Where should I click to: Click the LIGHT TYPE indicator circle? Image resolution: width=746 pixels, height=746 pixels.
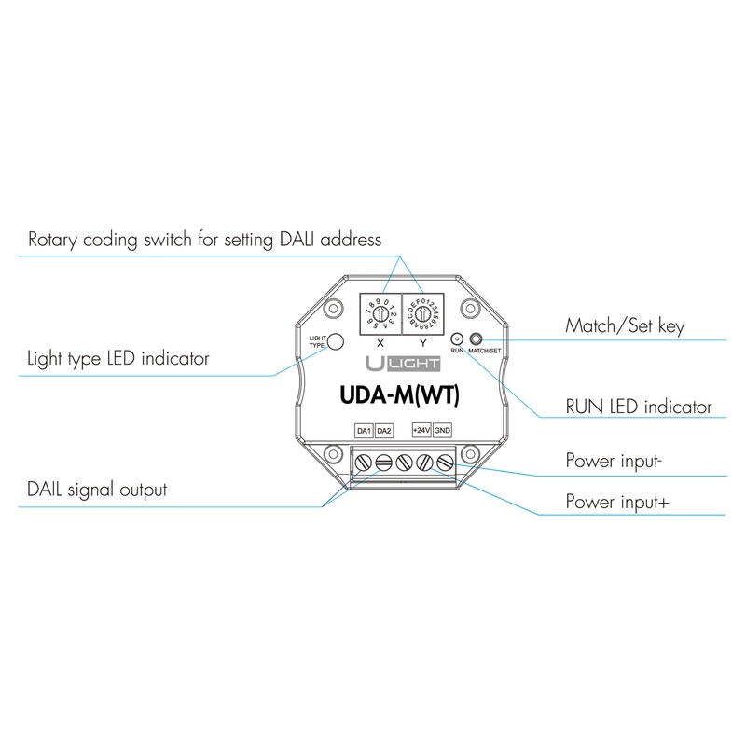(337, 341)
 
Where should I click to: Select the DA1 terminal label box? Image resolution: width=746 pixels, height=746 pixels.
(364, 430)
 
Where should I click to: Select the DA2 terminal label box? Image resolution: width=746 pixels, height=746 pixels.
(383, 430)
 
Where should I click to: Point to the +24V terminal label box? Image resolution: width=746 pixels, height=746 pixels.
(421, 430)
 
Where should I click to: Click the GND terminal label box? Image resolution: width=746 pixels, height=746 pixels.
(442, 430)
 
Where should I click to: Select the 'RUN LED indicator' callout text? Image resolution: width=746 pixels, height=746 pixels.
(639, 408)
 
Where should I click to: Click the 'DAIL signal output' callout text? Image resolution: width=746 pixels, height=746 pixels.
(98, 489)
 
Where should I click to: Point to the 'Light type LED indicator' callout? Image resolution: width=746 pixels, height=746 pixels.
(118, 358)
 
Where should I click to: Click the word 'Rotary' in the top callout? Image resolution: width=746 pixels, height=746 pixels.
(55, 239)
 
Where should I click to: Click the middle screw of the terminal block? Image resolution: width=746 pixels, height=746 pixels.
(404, 460)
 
